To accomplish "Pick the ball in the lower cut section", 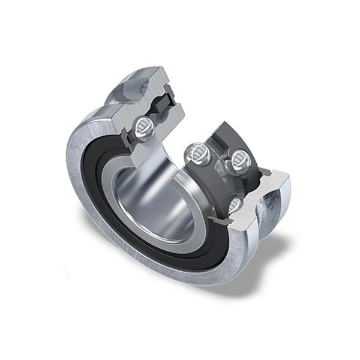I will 236,206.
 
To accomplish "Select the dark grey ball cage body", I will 219,135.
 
